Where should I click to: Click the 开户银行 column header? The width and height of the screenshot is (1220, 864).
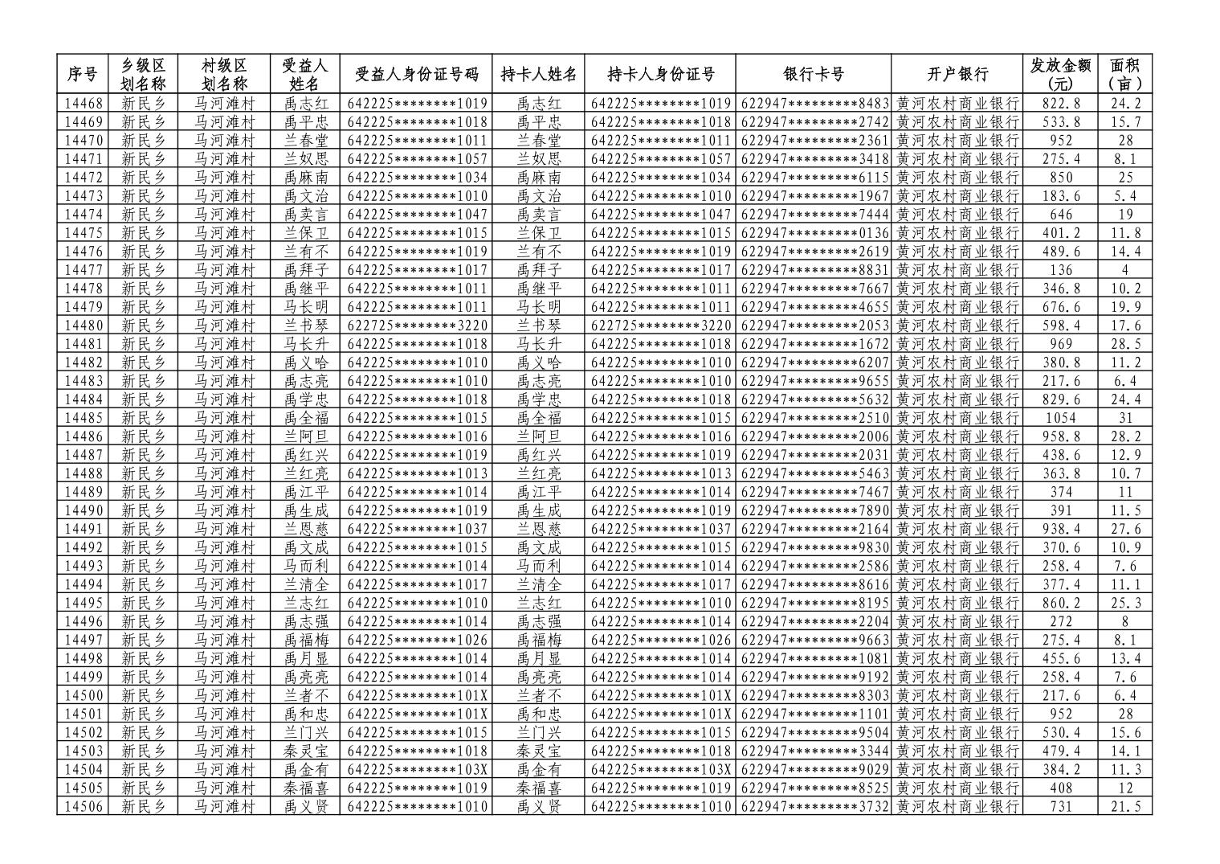pos(956,75)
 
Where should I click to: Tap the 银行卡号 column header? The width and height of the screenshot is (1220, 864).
pos(813,75)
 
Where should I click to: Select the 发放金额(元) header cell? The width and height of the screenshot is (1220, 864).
pos(1060,75)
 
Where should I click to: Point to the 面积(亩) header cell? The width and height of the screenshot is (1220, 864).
pos(1125,75)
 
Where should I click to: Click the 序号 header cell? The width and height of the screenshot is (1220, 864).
pos(82,75)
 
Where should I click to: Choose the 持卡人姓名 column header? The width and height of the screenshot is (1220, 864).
pos(538,75)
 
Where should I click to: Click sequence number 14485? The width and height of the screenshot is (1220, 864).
pos(84,418)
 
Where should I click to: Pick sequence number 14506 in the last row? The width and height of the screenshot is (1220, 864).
pos(84,806)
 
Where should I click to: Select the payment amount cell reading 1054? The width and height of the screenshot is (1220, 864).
pos(1061,418)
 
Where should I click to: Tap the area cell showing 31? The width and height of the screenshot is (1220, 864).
pos(1125,418)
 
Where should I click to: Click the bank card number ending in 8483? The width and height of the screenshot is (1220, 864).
pos(814,104)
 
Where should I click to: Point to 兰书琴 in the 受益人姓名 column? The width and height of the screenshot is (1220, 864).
pos(306,326)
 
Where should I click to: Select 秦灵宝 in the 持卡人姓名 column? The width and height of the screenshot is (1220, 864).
pos(538,751)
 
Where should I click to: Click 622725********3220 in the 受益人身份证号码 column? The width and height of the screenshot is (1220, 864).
pos(418,326)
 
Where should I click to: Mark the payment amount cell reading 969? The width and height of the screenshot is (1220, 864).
pos(1061,344)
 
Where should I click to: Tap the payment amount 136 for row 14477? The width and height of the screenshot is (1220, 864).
pos(1061,270)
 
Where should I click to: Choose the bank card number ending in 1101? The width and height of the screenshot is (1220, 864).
pos(814,714)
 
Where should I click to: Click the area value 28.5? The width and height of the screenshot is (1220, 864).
pos(1125,344)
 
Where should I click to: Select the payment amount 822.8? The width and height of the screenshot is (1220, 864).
pos(1061,104)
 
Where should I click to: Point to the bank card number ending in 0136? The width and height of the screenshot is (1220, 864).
pos(814,233)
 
